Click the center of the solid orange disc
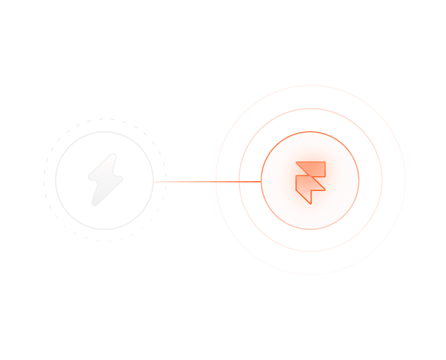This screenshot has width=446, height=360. click(310, 180)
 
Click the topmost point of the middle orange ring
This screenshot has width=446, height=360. click(310, 109)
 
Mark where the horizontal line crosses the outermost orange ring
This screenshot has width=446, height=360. click(216, 181)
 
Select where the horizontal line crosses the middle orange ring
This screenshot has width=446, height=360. click(239, 181)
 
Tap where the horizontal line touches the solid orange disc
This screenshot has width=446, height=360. click(261, 181)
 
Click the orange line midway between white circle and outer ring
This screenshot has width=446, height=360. click(185, 181)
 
